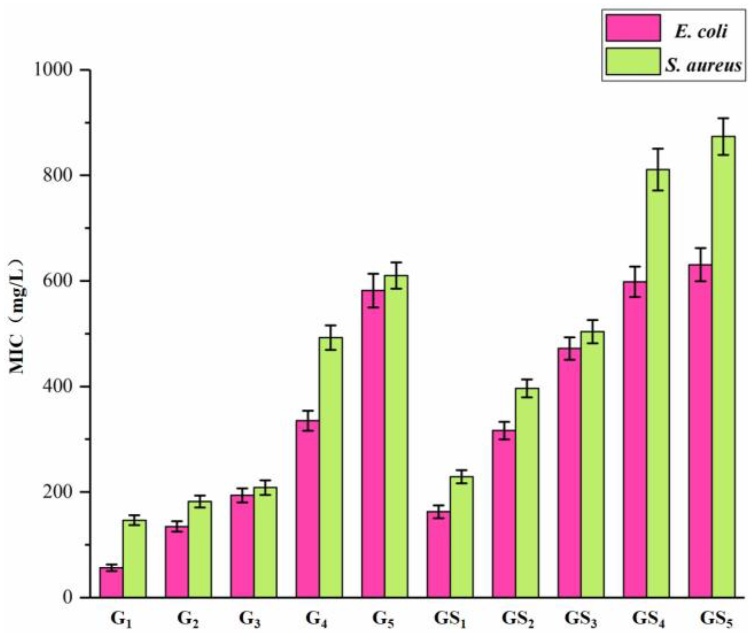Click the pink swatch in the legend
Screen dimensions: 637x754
click(633, 28)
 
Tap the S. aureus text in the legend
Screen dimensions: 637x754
click(703, 66)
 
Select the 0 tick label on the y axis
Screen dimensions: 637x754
click(67, 597)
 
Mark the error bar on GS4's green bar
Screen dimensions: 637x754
click(658, 169)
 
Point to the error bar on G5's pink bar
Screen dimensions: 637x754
click(373, 290)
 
